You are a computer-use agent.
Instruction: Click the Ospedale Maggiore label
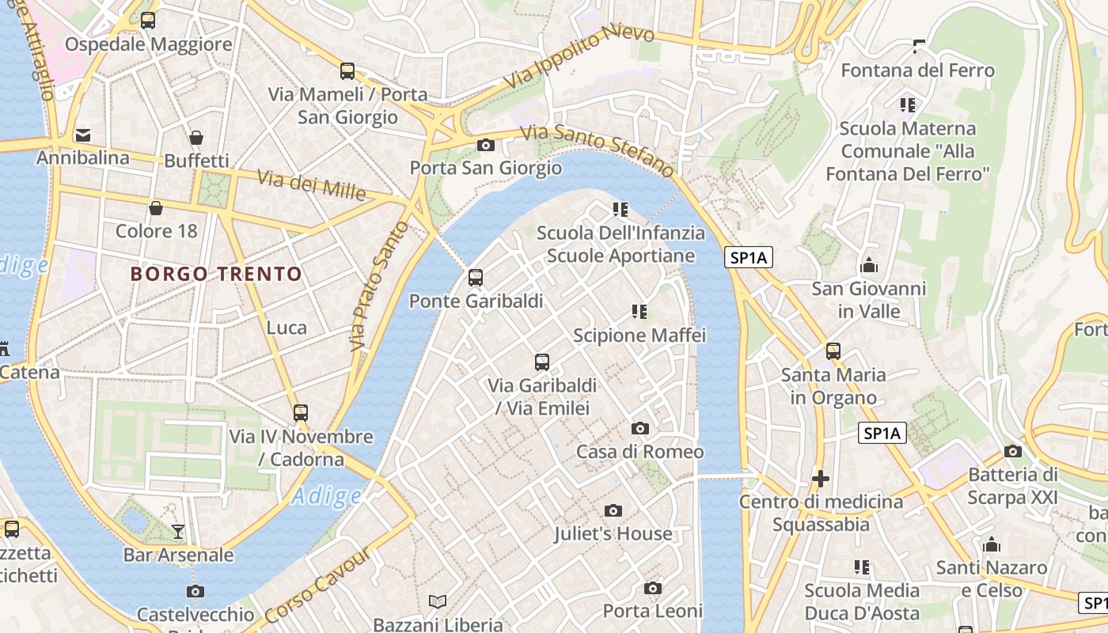[148, 44]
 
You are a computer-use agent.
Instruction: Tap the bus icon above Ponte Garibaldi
[475, 278]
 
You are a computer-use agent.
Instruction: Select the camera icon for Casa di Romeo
[640, 428]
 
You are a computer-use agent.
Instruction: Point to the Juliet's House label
[613, 534]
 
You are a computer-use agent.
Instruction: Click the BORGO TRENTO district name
[216, 275]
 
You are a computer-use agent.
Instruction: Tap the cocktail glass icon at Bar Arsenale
[178, 531]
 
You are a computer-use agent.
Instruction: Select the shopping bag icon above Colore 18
[156, 208]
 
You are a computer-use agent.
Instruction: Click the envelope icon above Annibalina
[83, 135]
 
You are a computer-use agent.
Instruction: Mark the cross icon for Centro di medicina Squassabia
[821, 479]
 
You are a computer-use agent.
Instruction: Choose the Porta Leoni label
[653, 611]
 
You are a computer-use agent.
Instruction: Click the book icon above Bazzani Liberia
[438, 601]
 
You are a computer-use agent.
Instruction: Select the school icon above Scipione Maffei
[639, 312]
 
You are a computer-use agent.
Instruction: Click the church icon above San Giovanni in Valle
[869, 265]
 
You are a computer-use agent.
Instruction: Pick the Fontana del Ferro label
[917, 70]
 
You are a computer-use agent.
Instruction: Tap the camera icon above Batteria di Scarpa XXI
[1012, 451]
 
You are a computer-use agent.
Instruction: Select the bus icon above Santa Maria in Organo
[833, 351]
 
